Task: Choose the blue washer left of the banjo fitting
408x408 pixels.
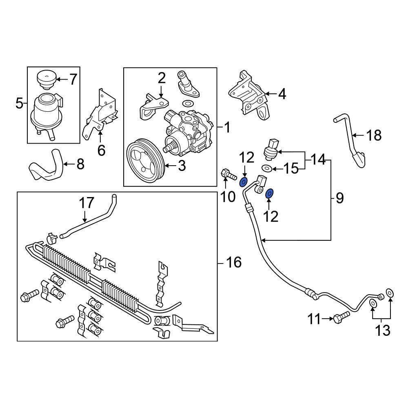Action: pyautogui.click(x=244, y=182)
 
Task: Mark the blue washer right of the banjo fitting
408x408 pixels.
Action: pyautogui.click(x=270, y=193)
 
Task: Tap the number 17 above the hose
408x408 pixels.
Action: pyautogui.click(x=86, y=203)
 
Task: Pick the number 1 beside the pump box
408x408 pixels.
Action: pyautogui.click(x=227, y=128)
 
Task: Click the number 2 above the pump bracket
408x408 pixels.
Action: pyautogui.click(x=162, y=78)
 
